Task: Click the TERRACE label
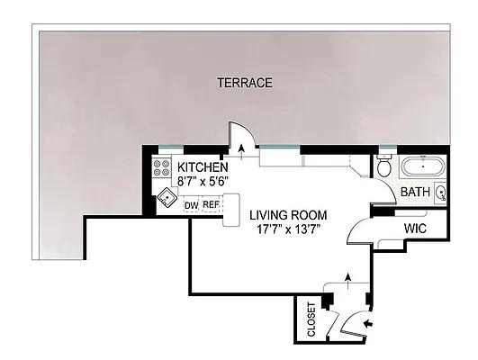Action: pos(244,83)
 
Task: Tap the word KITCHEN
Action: pos(203,167)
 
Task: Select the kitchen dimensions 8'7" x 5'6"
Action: pos(203,181)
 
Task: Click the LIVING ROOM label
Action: pos(288,216)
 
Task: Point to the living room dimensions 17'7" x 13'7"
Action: pos(288,229)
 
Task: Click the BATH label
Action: pos(414,192)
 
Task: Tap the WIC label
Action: pos(415,229)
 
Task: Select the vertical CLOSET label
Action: pos(311,319)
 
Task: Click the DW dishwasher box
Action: pos(191,205)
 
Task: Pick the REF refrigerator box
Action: pos(211,205)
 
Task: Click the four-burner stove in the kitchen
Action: pos(163,167)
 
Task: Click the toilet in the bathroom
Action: pos(383,166)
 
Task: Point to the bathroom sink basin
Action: pos(441,192)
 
